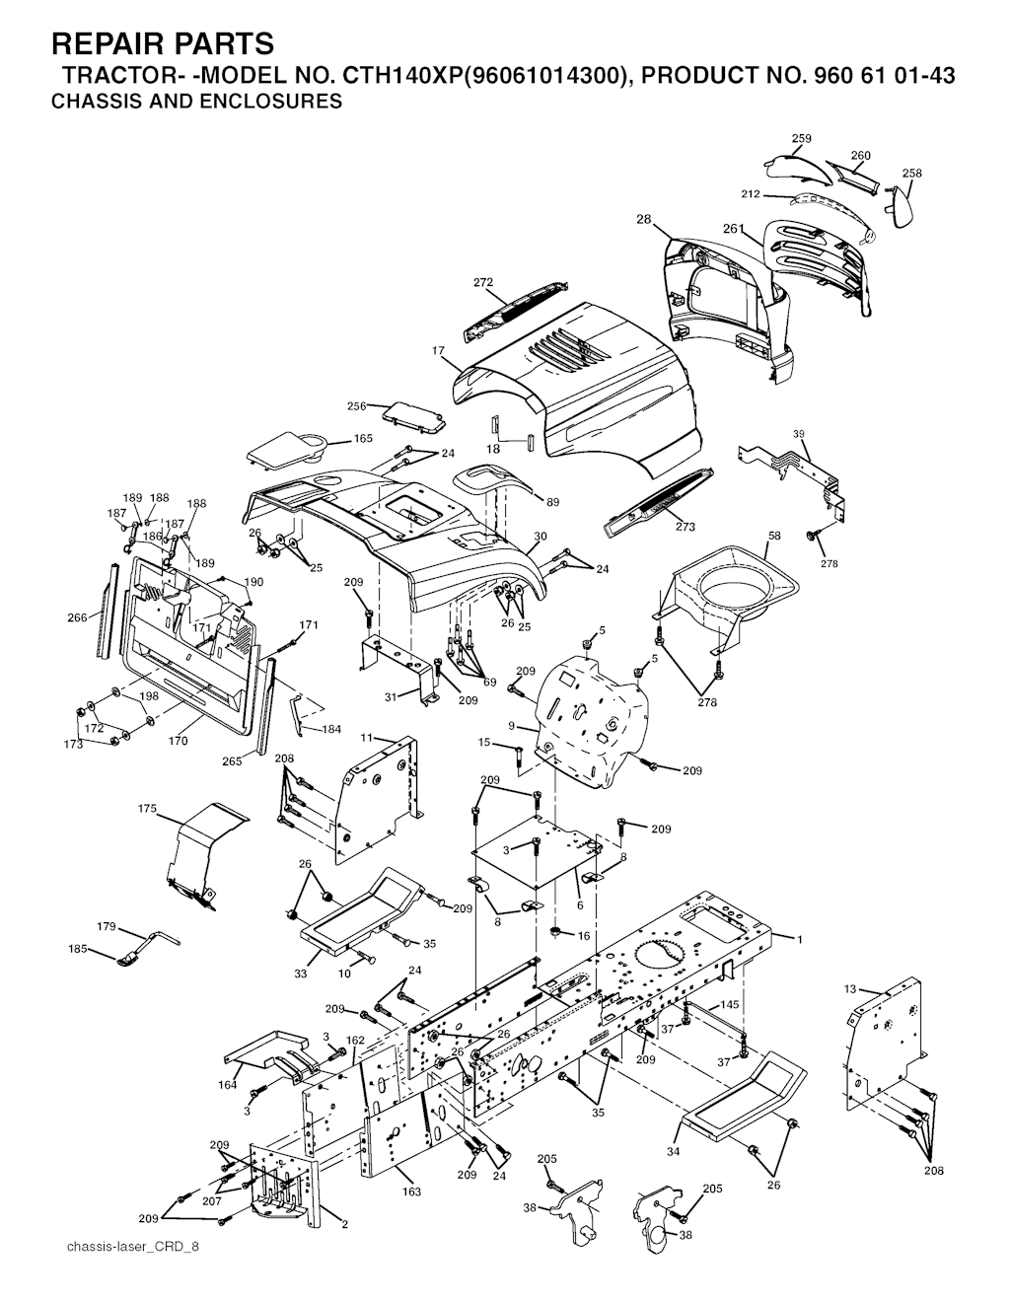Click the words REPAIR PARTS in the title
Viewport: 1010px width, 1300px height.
(x=163, y=44)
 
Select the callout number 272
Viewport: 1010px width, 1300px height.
(x=483, y=282)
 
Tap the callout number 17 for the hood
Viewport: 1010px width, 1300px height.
(x=438, y=351)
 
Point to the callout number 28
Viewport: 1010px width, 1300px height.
(x=643, y=220)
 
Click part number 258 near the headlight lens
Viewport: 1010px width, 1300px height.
(x=912, y=173)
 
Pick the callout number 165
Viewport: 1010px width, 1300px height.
(x=363, y=438)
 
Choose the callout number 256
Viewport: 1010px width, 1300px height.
(x=357, y=406)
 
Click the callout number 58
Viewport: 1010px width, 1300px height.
(x=774, y=536)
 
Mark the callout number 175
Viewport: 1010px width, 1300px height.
(x=147, y=808)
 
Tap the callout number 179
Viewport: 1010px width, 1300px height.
(x=107, y=927)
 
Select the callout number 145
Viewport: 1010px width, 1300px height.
(x=730, y=1004)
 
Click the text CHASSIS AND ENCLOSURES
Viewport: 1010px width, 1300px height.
(x=196, y=102)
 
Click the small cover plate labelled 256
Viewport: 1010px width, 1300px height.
(x=414, y=417)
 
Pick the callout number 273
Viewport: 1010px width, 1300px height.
(x=685, y=527)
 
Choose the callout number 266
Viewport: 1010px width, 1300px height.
(x=77, y=618)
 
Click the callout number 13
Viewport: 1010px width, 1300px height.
(x=850, y=989)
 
